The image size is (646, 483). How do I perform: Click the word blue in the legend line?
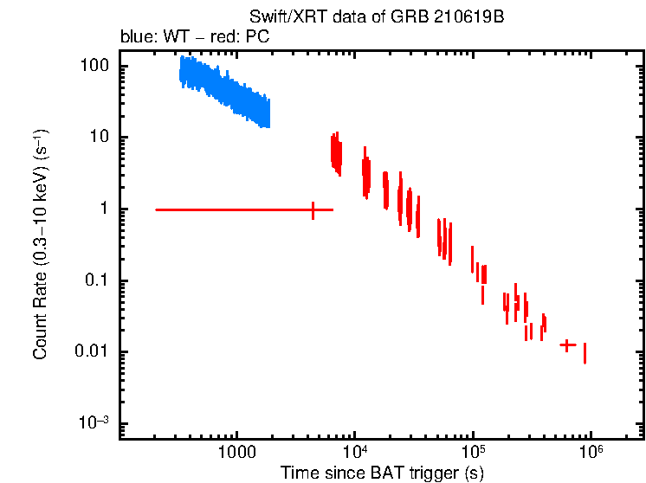pos(133,37)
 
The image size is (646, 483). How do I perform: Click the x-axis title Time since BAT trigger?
pos(382,472)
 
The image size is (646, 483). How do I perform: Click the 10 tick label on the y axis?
pos(100,138)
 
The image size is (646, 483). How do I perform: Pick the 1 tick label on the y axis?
pos(105,209)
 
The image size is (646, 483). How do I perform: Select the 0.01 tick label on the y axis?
pos(94,351)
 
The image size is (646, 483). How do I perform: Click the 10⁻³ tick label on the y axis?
pos(95,422)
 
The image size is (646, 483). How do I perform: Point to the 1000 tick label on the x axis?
pos(236,452)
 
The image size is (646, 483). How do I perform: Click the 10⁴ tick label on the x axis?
pos(356,451)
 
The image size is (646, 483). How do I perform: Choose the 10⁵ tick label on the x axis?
pos(474,451)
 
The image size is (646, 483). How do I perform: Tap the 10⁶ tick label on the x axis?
pos(591,451)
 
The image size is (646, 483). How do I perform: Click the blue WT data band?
pos(225,91)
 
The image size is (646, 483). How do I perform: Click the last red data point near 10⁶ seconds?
pos(585,353)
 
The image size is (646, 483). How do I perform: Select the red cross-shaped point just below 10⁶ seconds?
pos(567,345)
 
